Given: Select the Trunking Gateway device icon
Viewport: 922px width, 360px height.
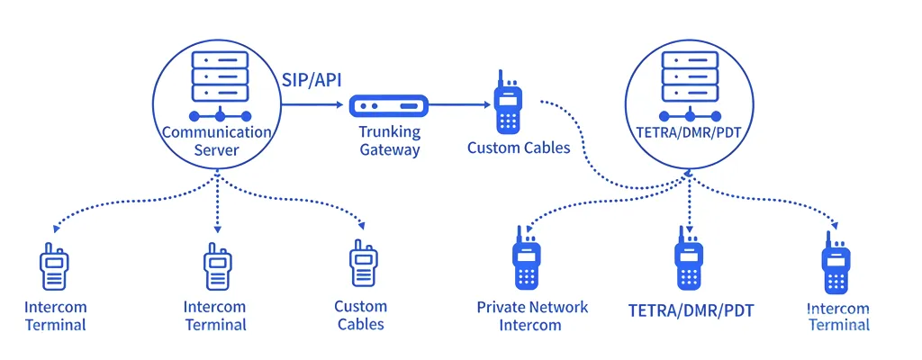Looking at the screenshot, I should click(384, 106).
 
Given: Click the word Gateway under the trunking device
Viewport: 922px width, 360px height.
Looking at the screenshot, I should click(390, 149).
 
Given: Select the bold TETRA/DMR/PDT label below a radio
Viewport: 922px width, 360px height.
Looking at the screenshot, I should click(691, 311).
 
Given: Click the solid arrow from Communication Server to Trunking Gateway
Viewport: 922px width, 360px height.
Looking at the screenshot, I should click(315, 105).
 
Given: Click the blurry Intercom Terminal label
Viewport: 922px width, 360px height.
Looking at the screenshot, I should click(839, 317).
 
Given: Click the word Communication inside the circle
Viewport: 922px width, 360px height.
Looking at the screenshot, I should click(217, 132).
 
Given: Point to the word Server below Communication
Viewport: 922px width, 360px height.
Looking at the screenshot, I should click(217, 149).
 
